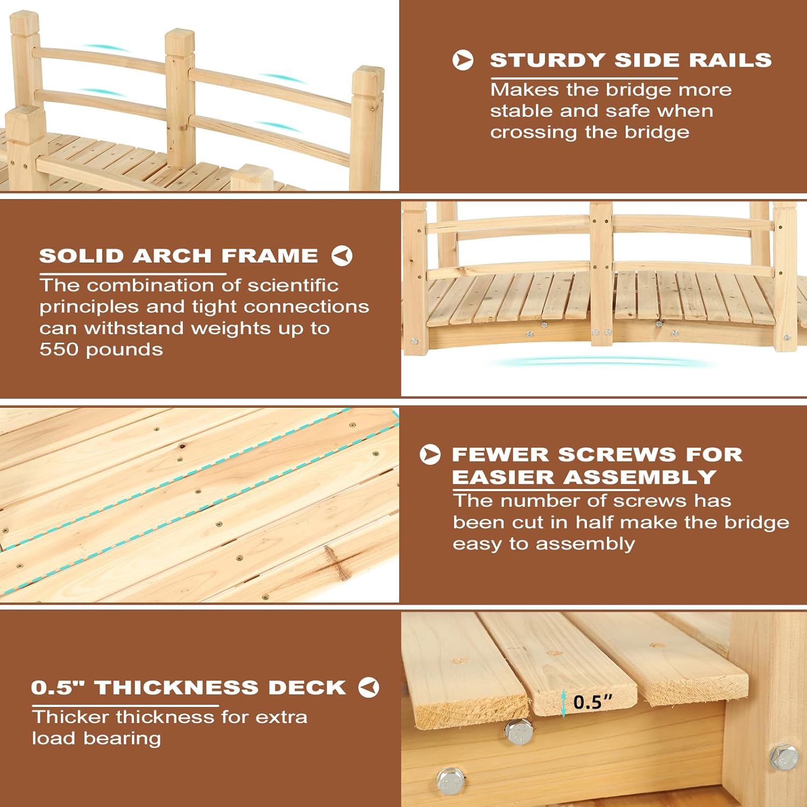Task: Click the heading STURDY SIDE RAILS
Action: (x=631, y=60)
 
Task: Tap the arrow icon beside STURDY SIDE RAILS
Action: (x=463, y=60)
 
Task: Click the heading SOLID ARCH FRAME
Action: (x=179, y=256)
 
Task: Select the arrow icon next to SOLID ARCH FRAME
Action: (x=342, y=256)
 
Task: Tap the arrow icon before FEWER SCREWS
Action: (x=430, y=455)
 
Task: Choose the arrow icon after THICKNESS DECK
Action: (x=369, y=687)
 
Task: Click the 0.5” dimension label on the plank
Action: (x=593, y=702)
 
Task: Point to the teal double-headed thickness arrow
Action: (x=563, y=704)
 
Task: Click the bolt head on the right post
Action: (x=783, y=757)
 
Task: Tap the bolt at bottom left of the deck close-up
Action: (x=450, y=780)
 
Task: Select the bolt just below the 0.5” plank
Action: (x=519, y=732)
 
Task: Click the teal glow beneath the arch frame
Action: (x=603, y=363)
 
